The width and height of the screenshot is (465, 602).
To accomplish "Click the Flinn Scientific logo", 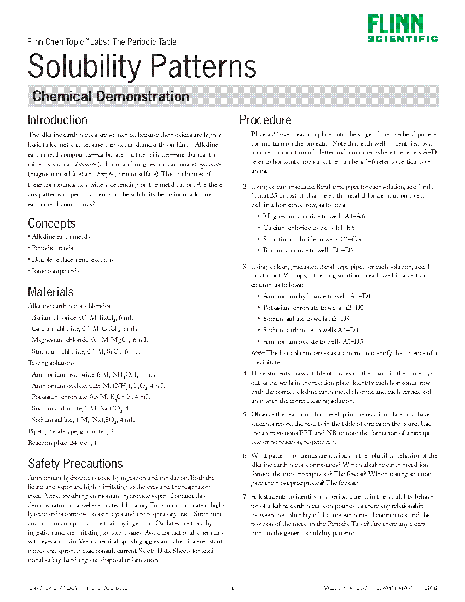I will [403, 28].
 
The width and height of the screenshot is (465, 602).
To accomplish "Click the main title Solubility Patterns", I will [142, 66].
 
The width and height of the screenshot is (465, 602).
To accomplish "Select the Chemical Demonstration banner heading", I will [111, 97].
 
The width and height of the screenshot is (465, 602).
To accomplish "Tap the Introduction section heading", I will [57, 120].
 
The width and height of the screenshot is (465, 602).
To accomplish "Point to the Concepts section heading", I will [52, 223].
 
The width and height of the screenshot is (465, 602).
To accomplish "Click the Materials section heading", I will [50, 292].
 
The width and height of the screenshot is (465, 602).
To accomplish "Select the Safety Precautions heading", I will [75, 464].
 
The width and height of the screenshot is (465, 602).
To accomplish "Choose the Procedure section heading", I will [265, 120].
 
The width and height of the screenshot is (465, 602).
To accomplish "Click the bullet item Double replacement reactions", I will [72, 259].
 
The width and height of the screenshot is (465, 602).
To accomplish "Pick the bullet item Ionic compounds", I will [55, 271].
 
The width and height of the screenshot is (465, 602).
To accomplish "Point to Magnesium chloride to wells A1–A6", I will [313, 217].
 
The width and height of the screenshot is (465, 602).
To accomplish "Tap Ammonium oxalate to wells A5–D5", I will [313, 341].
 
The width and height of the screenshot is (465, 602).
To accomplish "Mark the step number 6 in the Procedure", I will [245, 455].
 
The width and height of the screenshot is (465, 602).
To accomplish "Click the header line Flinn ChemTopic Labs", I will [102, 42].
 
